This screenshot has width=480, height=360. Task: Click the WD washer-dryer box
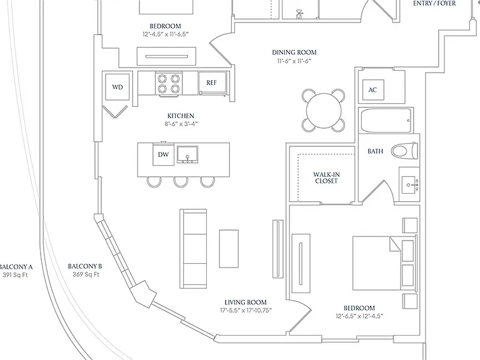[x=117, y=87]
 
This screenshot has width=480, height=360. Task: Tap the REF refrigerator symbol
[x=212, y=82]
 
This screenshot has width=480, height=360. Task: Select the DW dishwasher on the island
[x=164, y=154]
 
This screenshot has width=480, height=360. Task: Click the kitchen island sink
[x=187, y=154]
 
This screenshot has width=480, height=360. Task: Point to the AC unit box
[x=373, y=90]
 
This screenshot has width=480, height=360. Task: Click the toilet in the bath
[x=405, y=151]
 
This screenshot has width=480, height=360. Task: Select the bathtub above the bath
[x=386, y=120]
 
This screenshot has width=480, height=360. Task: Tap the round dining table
[x=324, y=111]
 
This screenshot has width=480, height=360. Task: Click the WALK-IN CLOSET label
[x=326, y=177]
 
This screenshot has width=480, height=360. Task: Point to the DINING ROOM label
[x=294, y=52]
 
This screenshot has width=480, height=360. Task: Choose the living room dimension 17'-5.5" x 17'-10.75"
[x=246, y=311]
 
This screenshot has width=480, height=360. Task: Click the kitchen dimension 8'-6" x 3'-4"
[x=181, y=124]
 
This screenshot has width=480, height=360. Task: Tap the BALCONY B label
[x=85, y=266]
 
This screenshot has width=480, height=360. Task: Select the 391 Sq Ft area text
[x=15, y=275]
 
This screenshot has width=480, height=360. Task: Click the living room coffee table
[x=229, y=249]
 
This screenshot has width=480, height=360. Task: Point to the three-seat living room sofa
[x=193, y=249]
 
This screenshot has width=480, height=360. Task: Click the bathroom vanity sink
[x=409, y=184]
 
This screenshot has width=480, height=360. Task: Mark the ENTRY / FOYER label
[x=434, y=3]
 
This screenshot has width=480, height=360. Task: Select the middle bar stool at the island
[x=181, y=182]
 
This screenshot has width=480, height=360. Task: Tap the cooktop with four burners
[x=168, y=84]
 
